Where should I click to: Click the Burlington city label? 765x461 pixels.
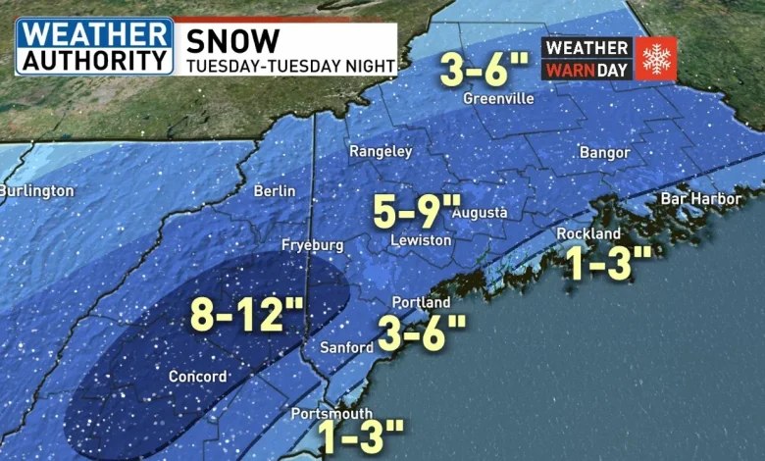click(x=35, y=190)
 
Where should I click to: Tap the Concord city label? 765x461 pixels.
click(x=198, y=377)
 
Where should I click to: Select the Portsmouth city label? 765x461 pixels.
click(x=331, y=413)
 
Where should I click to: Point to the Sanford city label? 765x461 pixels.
click(x=347, y=348)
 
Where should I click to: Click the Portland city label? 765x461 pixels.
click(x=421, y=303)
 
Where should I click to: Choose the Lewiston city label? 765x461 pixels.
click(x=421, y=240)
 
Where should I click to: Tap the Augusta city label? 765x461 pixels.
click(x=480, y=213)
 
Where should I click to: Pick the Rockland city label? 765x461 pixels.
click(x=588, y=233)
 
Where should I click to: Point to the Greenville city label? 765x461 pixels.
click(x=499, y=99)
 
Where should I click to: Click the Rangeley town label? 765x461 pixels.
click(x=382, y=152)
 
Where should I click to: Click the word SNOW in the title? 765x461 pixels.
click(x=232, y=40)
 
